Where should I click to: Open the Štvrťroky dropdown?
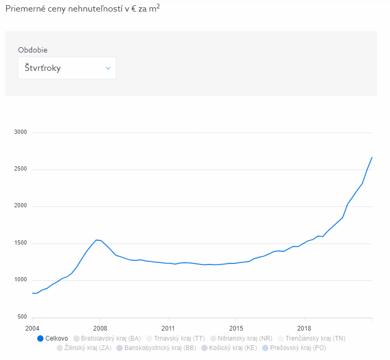point(67,68)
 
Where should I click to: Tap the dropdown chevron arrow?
point(109,68)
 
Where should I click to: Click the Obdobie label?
point(32,50)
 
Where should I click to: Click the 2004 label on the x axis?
point(32,327)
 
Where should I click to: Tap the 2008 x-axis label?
point(100,327)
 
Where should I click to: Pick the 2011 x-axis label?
point(168,327)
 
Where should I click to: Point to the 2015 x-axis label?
point(236,327)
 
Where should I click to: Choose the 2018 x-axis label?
point(304,327)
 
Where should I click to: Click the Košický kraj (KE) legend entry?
point(228,348)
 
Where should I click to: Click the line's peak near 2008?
point(96,240)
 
